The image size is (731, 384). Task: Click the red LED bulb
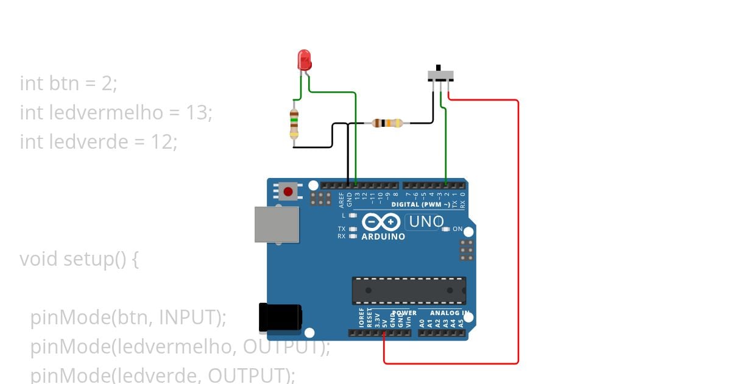[305, 60]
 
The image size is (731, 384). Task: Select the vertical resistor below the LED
[294, 124]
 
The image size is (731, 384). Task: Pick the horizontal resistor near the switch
[387, 123]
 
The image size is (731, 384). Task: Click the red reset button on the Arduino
[288, 192]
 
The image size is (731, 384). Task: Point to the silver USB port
[277, 224]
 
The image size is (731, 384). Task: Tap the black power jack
[280, 318]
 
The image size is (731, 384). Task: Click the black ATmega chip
[409, 290]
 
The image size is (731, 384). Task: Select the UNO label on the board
[426, 222]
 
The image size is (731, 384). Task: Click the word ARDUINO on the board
[383, 236]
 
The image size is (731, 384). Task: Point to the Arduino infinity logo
[381, 222]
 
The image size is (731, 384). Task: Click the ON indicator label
[457, 229]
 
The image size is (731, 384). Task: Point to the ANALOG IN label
[450, 313]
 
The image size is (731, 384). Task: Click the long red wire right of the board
[518, 232]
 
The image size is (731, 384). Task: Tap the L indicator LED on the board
[353, 215]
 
